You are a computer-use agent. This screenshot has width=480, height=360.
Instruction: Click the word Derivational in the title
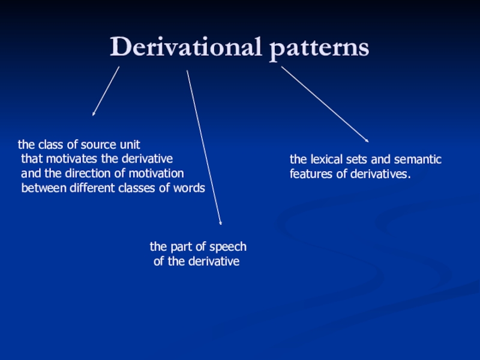point(185,47)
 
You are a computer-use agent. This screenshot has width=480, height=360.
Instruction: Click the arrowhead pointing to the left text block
point(94,113)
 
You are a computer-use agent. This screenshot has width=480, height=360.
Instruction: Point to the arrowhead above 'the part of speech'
point(221,223)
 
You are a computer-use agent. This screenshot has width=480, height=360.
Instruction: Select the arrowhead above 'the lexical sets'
point(367,141)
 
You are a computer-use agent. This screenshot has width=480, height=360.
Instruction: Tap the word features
point(309,175)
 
